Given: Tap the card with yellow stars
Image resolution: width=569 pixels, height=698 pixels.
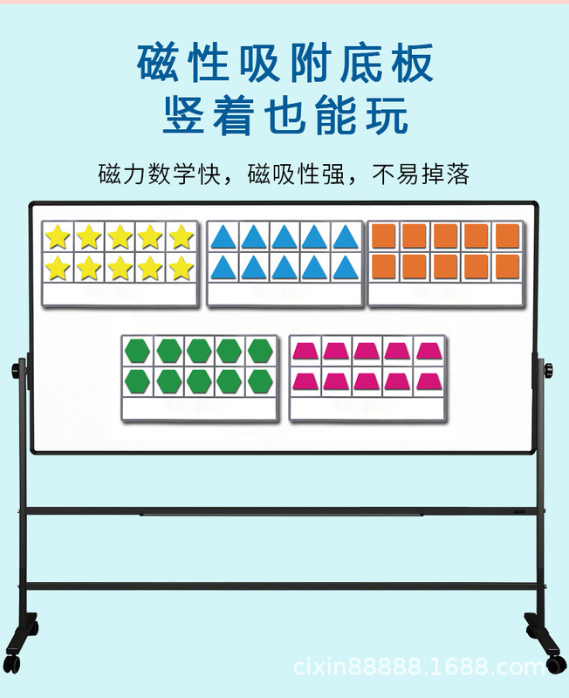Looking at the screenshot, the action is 120,263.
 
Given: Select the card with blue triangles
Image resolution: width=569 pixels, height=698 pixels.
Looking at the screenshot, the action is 284,263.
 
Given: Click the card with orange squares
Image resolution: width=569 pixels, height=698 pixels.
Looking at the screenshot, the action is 446,263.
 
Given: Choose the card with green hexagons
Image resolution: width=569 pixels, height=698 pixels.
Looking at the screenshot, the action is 199,377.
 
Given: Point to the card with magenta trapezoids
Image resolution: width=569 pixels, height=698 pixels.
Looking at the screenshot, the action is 367,377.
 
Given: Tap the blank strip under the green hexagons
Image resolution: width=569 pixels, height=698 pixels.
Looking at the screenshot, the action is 199,407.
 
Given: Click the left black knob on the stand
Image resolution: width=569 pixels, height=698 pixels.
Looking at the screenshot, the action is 17,371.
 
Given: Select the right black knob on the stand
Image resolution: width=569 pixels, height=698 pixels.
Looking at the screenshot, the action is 549,371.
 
